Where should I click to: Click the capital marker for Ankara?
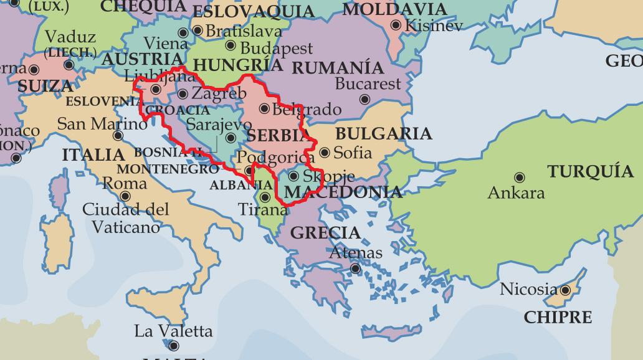point(518,178)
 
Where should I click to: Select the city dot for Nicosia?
point(565,290)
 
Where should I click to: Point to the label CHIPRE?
point(558,317)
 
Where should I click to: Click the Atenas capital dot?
point(355,269)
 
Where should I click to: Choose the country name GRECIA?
point(326,234)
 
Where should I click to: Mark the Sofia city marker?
point(325,153)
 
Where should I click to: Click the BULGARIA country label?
point(383,134)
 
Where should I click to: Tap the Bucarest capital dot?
point(365,100)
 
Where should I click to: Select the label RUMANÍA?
point(338,67)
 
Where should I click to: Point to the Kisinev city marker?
point(396,25)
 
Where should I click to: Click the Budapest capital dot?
point(231,45)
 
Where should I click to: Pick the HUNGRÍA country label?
point(238,65)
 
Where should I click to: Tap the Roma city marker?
point(125,196)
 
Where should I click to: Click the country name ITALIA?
point(93,154)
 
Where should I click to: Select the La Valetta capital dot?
point(174,346)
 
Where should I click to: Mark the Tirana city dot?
point(265,197)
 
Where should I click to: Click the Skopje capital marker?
point(293,176)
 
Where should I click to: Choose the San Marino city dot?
point(118,136)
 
